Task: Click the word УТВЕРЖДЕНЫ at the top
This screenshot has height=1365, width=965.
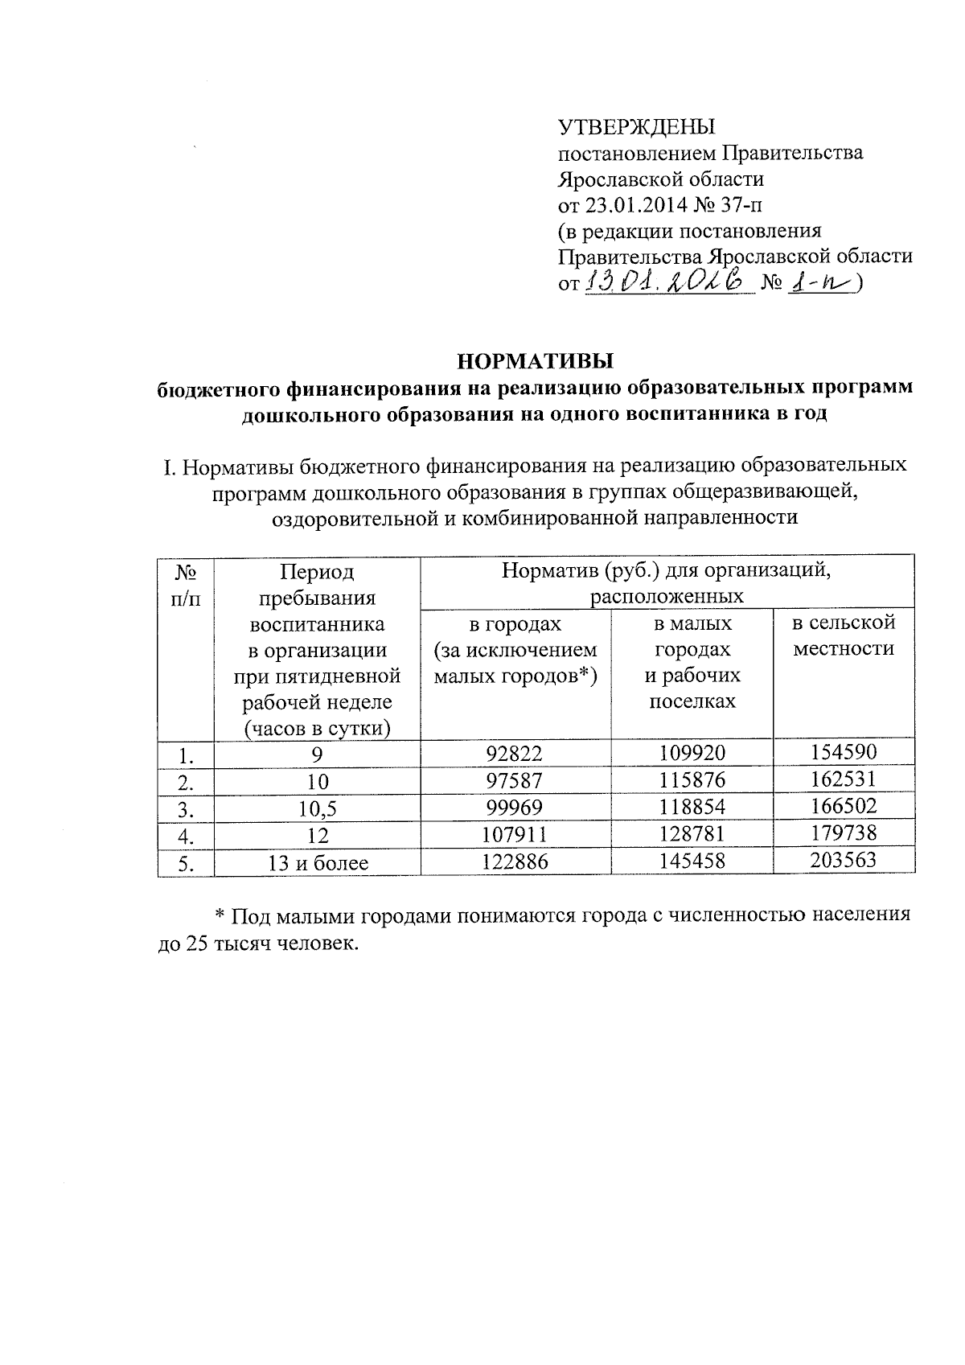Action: tap(636, 127)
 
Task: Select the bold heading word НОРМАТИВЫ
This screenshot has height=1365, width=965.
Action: tap(535, 360)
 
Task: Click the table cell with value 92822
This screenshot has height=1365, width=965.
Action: tap(515, 754)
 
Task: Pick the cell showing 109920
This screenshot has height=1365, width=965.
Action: tap(692, 754)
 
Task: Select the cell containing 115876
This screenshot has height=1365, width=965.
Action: tap(692, 780)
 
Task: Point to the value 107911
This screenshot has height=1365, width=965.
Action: tap(515, 835)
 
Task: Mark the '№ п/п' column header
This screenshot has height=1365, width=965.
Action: tap(187, 585)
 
